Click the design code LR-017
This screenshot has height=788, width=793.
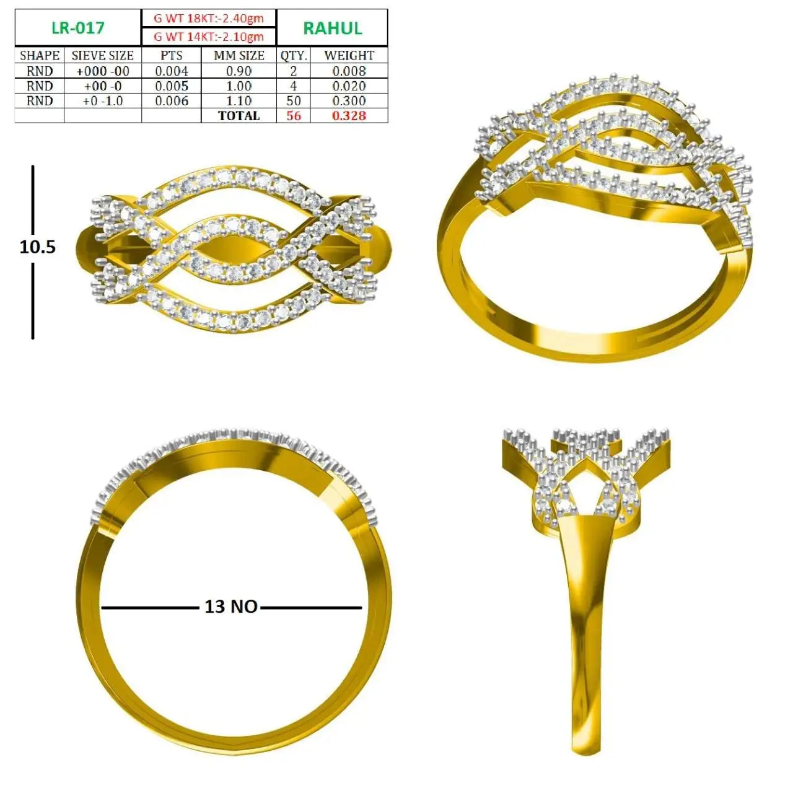tap(78, 28)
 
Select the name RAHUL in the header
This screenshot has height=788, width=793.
tap(333, 28)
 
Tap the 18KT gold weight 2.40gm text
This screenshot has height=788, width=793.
tap(209, 18)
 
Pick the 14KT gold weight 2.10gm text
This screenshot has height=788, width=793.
tap(209, 37)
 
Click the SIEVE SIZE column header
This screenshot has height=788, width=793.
tap(102, 55)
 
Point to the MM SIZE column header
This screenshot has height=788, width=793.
tap(239, 55)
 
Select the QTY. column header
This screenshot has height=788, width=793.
tap(294, 55)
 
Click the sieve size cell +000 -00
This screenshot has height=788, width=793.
tap(102, 71)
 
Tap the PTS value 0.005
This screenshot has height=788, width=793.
tap(172, 85)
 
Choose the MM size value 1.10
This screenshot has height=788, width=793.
tap(239, 100)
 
